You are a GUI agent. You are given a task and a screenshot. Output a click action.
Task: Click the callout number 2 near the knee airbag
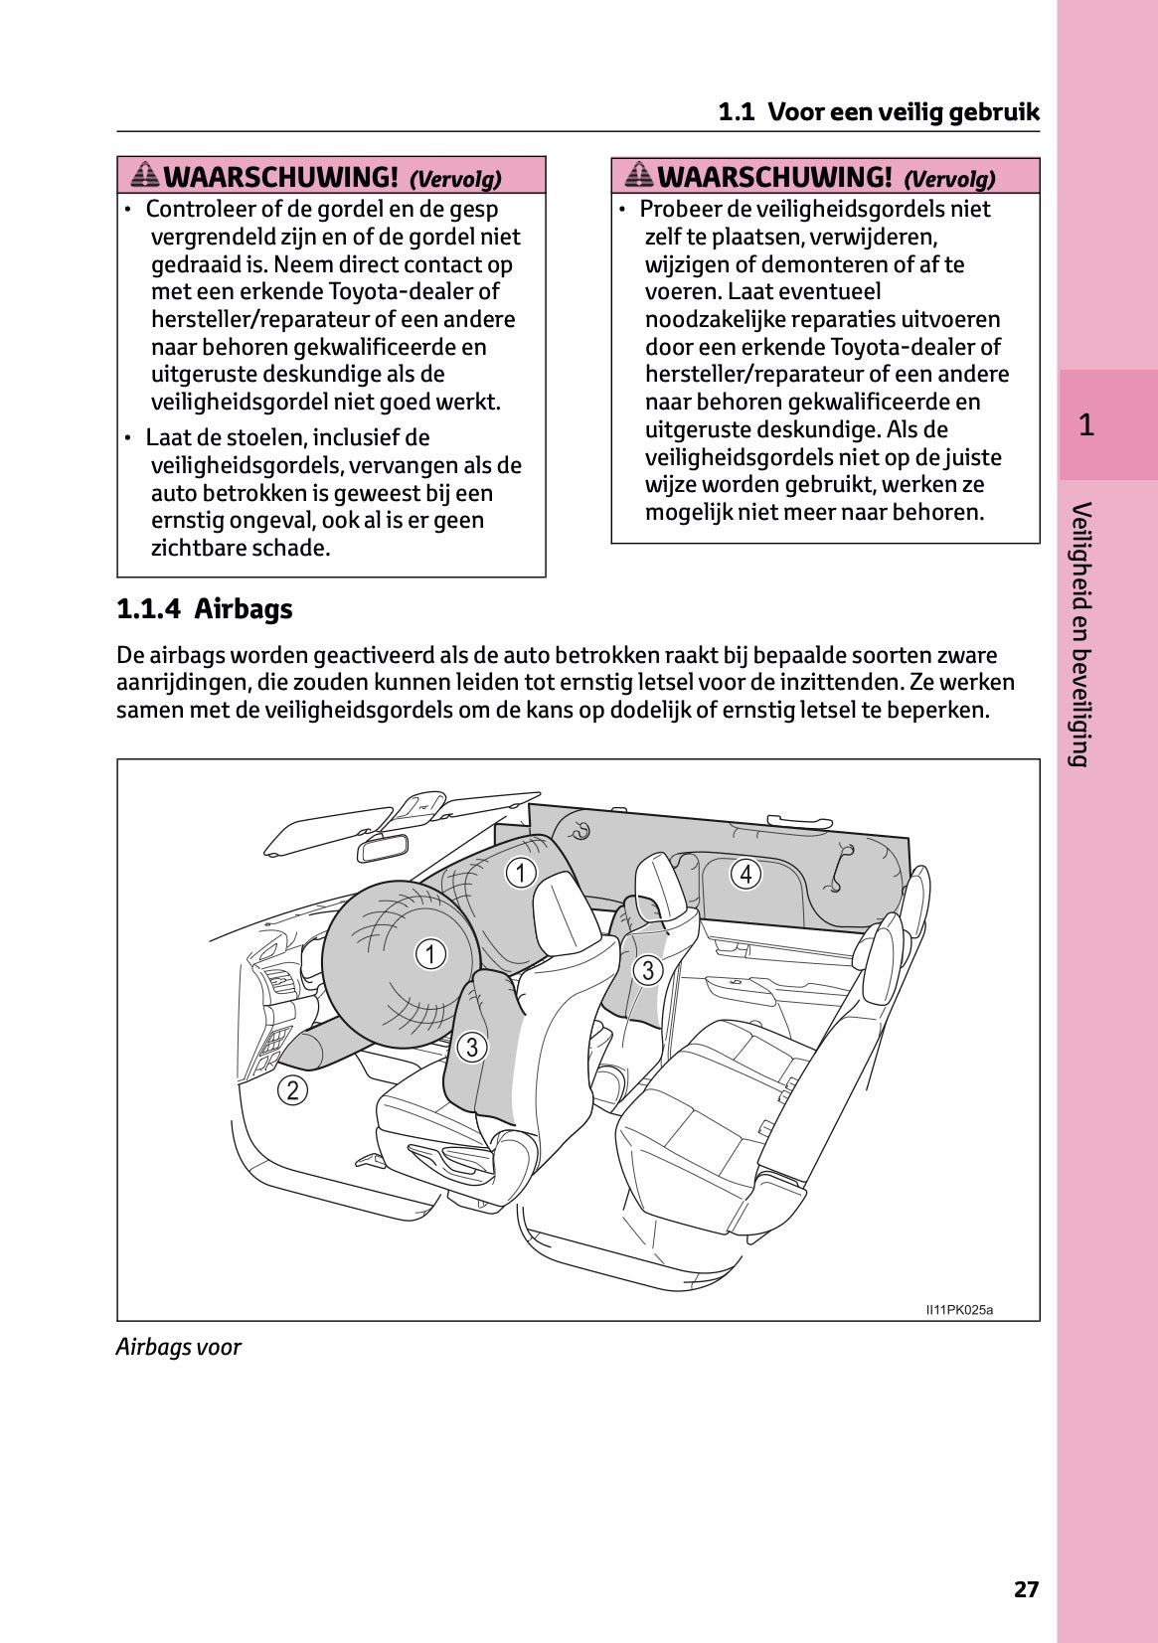coord(292,1090)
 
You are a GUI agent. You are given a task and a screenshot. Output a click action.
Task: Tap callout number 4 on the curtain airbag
coord(745,874)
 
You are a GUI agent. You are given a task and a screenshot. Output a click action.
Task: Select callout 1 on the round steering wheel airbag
coord(429,954)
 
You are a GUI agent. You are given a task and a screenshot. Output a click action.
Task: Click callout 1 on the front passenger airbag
coord(521,873)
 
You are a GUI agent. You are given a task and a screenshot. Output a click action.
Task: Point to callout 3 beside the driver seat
coord(472,1047)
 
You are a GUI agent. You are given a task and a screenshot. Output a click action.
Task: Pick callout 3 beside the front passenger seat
coord(648,970)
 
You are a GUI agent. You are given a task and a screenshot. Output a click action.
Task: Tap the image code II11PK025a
coord(959,1309)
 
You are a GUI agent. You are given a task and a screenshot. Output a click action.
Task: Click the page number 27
coord(1026,1589)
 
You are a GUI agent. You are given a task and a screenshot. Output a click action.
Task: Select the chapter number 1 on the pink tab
coord(1086,425)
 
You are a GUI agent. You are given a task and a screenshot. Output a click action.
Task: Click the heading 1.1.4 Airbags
coord(205,608)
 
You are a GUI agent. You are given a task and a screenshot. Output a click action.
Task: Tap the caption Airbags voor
coord(179,1347)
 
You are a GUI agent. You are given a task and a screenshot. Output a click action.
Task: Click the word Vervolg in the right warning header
coord(949,179)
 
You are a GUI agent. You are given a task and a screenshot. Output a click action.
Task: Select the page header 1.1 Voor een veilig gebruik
coord(879,111)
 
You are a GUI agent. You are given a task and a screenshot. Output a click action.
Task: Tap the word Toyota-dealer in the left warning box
coord(402,291)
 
